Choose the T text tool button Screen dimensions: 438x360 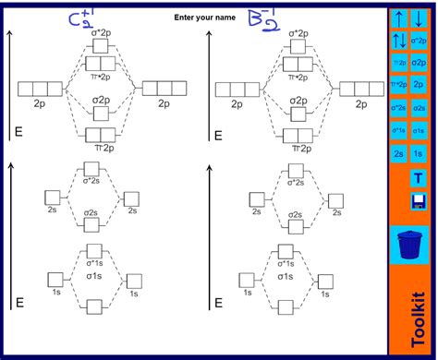click(x=419, y=177)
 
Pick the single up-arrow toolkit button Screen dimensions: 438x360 click(x=398, y=18)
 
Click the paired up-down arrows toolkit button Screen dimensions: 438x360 click(x=398, y=41)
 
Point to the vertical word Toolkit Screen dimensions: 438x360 click(x=418, y=318)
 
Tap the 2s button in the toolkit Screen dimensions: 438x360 click(x=398, y=153)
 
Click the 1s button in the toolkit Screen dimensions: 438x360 click(x=420, y=153)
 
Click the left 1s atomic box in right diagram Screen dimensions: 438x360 click(x=247, y=280)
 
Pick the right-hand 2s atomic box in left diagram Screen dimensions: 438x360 click(x=131, y=198)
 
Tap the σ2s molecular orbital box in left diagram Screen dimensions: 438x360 click(x=92, y=227)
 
